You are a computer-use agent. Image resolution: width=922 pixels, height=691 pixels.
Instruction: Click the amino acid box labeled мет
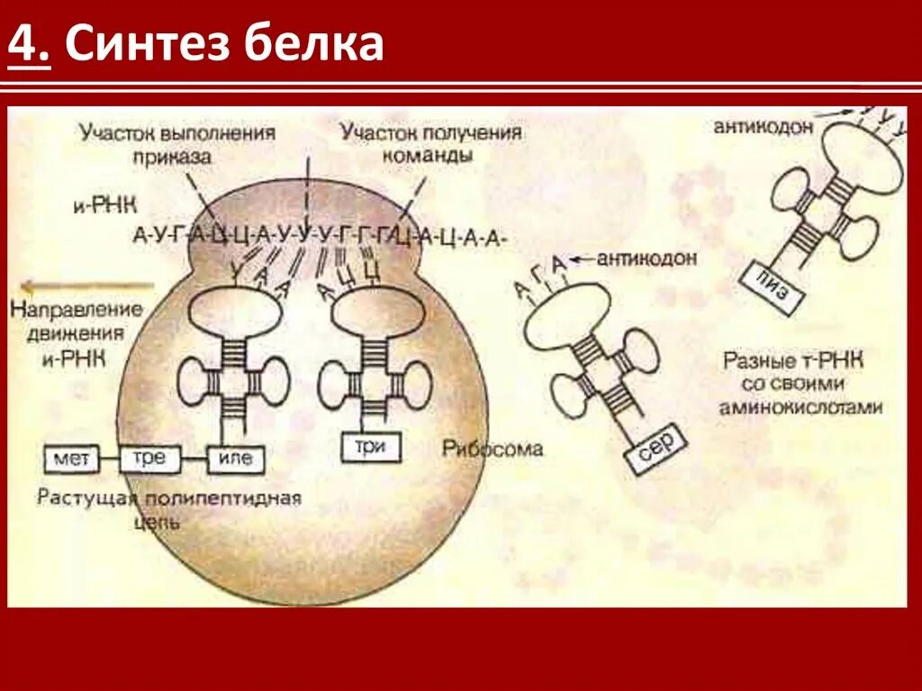point(71,459)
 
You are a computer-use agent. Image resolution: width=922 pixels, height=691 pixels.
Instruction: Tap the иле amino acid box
point(236,459)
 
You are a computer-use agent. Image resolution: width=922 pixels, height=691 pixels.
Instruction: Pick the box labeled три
point(370,446)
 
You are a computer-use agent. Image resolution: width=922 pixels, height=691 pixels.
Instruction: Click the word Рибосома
point(493,448)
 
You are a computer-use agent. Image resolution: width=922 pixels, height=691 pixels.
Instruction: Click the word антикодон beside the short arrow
point(653,259)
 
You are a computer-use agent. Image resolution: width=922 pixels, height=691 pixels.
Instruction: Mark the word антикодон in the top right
point(764,127)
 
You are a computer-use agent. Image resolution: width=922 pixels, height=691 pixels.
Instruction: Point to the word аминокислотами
point(800,407)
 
